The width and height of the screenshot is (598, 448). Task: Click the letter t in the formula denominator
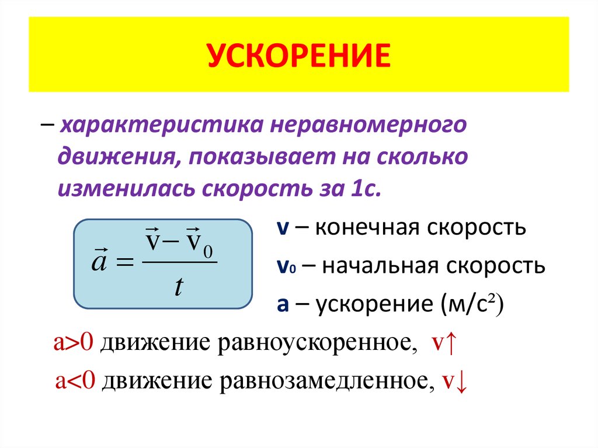(179, 286)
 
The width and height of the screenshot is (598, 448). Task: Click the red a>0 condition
(73, 343)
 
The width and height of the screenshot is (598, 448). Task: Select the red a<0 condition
(75, 381)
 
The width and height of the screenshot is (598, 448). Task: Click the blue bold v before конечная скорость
(281, 228)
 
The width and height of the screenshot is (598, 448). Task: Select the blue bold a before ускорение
(282, 305)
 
